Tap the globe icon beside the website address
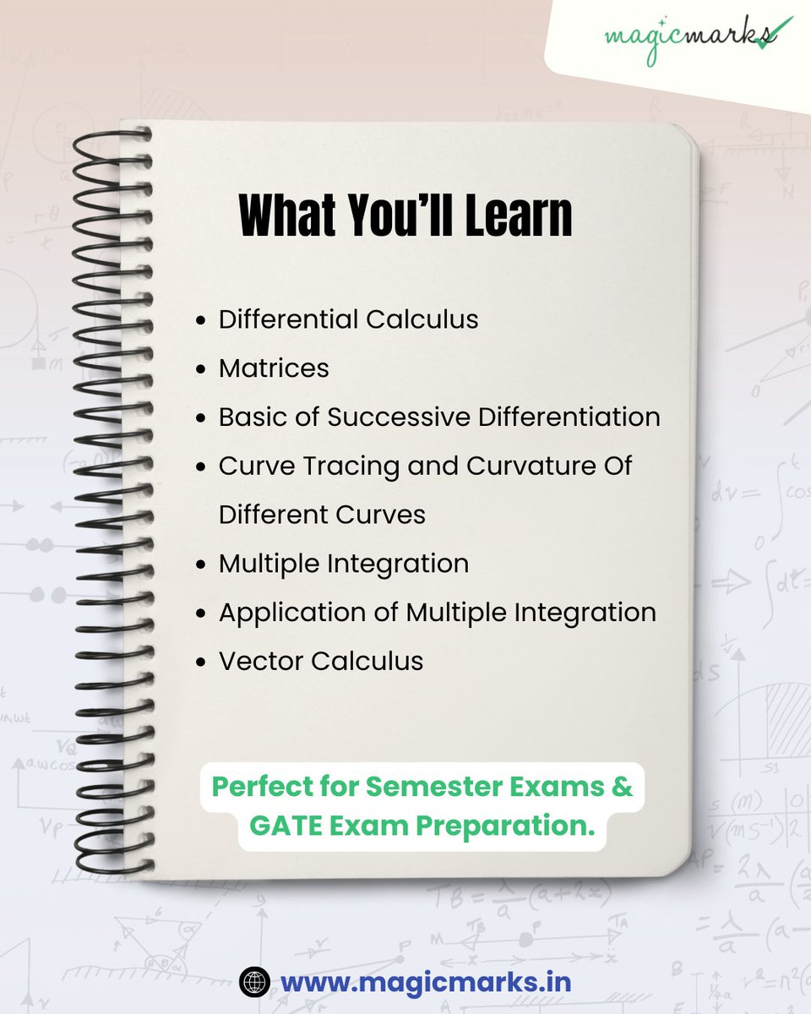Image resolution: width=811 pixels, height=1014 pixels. click(253, 983)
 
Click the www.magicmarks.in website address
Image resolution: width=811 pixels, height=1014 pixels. click(426, 983)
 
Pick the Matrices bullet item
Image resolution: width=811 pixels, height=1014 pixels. click(274, 368)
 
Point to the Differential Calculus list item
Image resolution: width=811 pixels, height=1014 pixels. click(348, 319)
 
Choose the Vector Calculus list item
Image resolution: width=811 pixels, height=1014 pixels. click(321, 661)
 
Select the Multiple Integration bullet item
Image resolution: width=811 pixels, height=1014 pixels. click(343, 564)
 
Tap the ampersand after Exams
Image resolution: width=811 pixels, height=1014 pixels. click(623, 785)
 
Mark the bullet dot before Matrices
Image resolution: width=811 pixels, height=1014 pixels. click(200, 370)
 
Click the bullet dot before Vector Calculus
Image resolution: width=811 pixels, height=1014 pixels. click(200, 662)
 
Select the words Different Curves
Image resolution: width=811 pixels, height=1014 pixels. click(322, 515)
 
